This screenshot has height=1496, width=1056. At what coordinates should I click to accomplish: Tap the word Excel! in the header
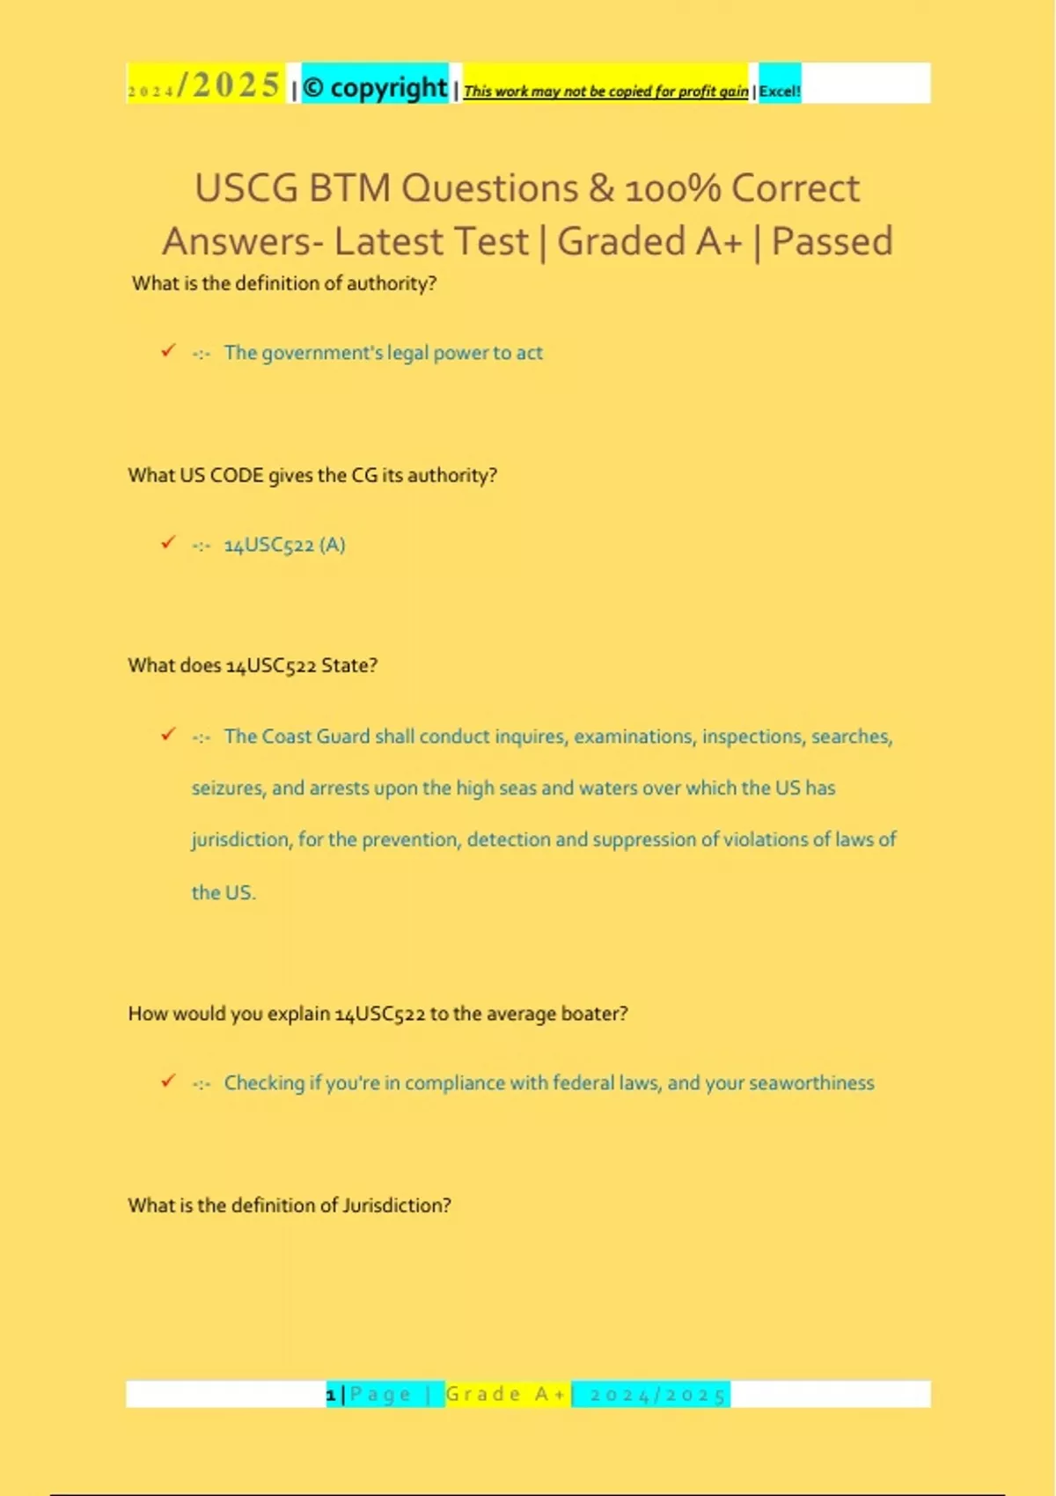point(780,91)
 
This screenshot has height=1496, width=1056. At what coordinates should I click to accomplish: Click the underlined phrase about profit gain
point(605,91)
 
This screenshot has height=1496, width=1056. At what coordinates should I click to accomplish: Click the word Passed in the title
point(832,241)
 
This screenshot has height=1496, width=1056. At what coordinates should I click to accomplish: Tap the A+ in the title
point(719,241)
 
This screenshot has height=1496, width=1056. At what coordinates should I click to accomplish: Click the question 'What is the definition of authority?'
point(284,283)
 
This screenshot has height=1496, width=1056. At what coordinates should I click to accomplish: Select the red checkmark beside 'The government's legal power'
point(168,351)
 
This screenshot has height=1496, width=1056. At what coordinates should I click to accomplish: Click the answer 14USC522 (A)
point(284,545)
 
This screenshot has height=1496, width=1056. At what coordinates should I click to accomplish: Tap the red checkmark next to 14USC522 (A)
point(168,543)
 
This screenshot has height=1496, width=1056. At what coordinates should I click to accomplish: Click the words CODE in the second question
point(237,475)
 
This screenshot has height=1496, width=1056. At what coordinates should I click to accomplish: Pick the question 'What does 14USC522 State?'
point(253,665)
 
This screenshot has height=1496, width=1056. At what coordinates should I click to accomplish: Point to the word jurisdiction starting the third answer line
point(240,840)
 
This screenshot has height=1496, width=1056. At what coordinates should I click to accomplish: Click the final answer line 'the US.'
point(224,892)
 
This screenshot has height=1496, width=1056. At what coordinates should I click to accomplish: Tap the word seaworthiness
point(811,1083)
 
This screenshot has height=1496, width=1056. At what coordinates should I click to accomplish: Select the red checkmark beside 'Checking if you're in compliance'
point(168,1082)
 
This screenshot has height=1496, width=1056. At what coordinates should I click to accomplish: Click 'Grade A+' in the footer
point(506,1394)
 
